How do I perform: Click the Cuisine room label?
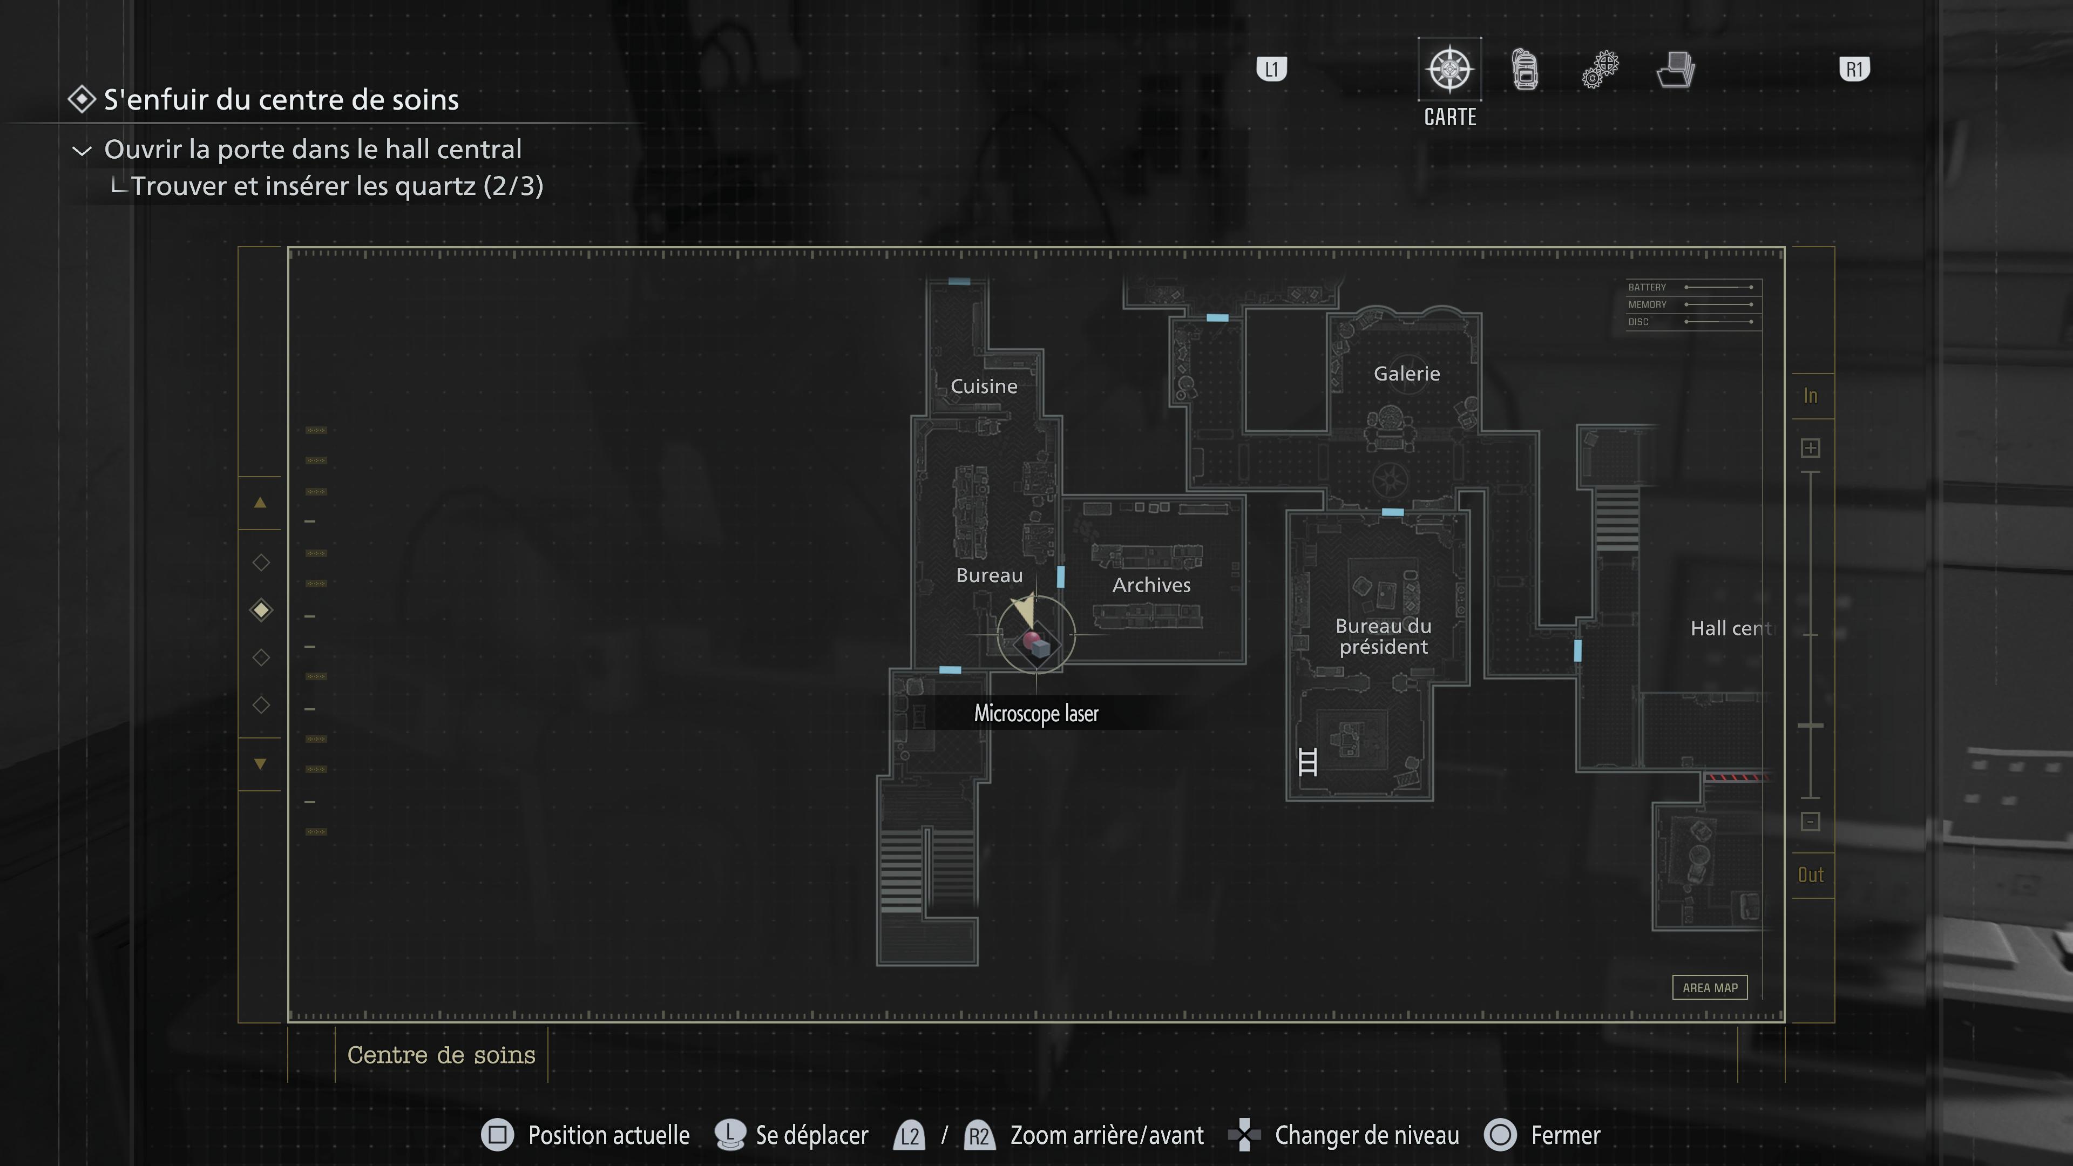984,387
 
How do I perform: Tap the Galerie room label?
1406,374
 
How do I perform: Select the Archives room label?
1151,585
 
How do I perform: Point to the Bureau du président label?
1383,636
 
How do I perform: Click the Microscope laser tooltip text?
1036,714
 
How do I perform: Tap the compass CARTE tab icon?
1449,69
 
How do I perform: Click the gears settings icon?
1600,69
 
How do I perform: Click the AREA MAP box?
1709,987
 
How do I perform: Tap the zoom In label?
1810,396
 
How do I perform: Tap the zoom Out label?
1810,875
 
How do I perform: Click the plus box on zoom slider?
1810,448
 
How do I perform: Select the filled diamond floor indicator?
261,610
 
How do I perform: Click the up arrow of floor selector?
260,503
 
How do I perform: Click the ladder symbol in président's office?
1308,761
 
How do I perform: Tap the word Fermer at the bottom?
1565,1135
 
